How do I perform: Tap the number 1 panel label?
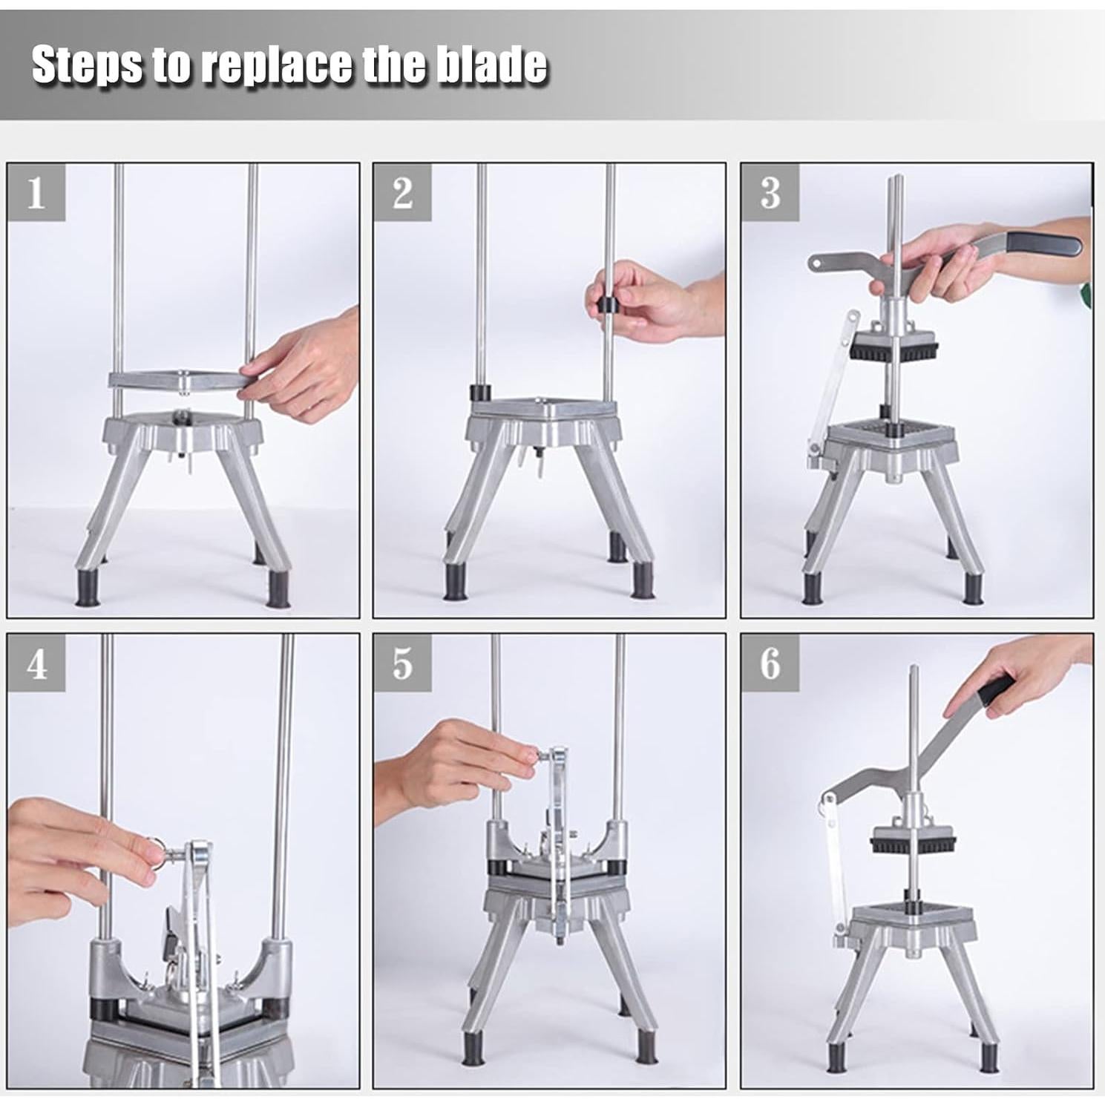[x=36, y=193]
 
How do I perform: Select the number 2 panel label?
[x=401, y=193]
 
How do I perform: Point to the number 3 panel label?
[x=770, y=193]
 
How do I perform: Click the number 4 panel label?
[x=36, y=663]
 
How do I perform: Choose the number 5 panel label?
[x=401, y=663]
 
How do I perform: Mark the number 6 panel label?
[x=770, y=663]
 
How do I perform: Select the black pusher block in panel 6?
[x=912, y=842]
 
